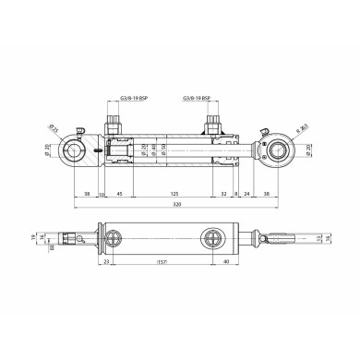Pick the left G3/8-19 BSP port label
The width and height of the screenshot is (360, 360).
pyautogui.click(x=118, y=97)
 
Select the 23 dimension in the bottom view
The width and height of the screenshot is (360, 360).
pyautogui.click(x=107, y=262)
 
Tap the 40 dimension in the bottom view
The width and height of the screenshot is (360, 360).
pyautogui.click(x=227, y=262)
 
